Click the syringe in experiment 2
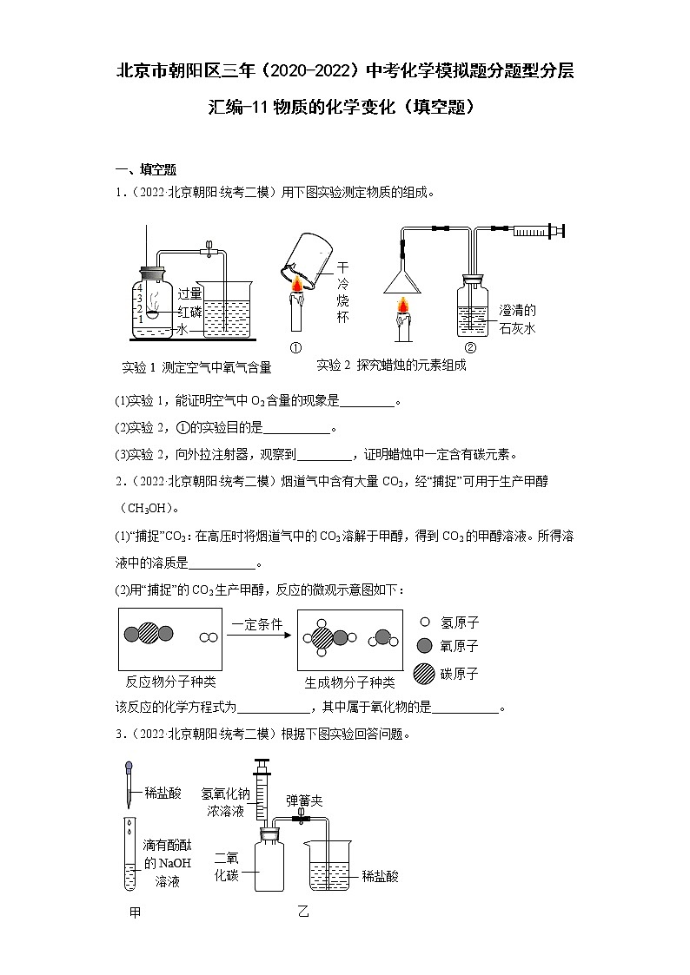tap(537, 230)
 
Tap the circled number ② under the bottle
tap(470, 348)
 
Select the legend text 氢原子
tap(461, 623)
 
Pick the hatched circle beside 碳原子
tap(424, 673)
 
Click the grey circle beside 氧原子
tap(424, 647)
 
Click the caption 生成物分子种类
tap(349, 682)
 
